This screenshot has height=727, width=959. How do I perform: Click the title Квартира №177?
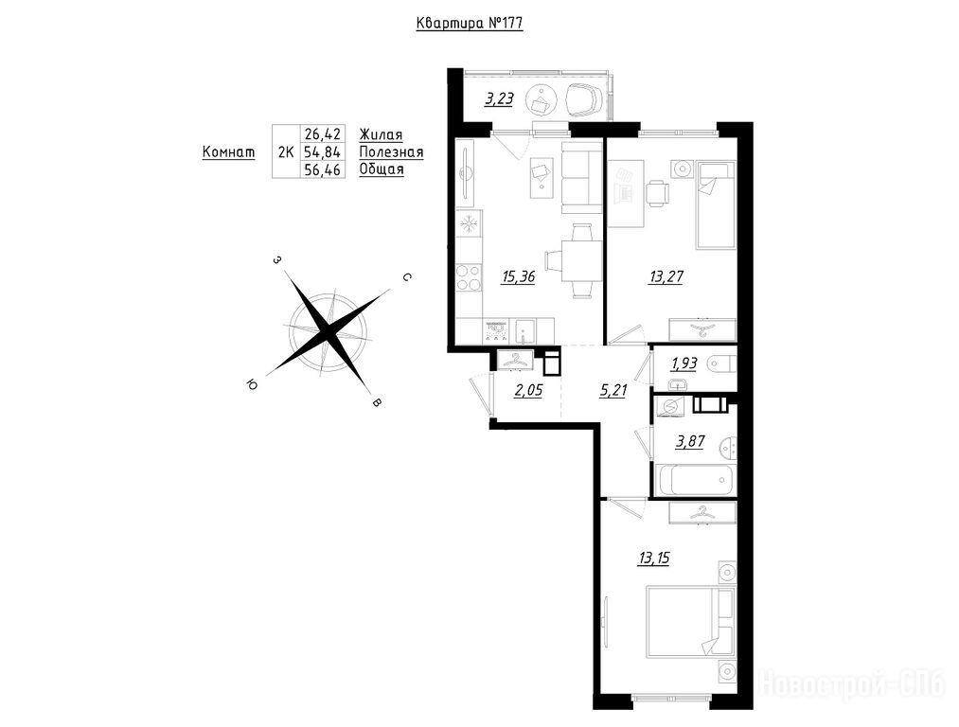coord(470,24)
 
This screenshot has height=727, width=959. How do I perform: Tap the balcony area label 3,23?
coord(499,99)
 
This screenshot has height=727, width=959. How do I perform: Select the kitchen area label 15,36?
coord(518,277)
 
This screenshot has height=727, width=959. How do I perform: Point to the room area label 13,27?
coord(666,277)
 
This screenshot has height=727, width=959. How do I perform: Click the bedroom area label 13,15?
coord(653,558)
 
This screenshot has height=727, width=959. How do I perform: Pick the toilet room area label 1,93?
coord(684,363)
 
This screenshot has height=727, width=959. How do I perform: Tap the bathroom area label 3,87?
coord(688,441)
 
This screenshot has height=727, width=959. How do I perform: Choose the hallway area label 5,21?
coord(613,391)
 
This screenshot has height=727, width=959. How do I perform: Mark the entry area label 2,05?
coord(528,391)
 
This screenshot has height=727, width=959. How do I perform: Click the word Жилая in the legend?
coord(381,134)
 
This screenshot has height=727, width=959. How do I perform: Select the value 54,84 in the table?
coord(322,151)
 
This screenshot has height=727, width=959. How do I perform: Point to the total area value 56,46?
coord(322,168)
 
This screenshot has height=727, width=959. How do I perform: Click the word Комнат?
coord(229,151)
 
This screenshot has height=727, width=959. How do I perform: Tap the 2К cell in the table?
coord(286,151)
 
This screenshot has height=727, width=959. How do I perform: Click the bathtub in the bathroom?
coord(694,479)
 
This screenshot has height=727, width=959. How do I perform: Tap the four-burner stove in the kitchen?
coord(470,276)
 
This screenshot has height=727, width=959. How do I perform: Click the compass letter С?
coord(405,278)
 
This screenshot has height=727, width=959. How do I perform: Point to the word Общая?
coord(382,169)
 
